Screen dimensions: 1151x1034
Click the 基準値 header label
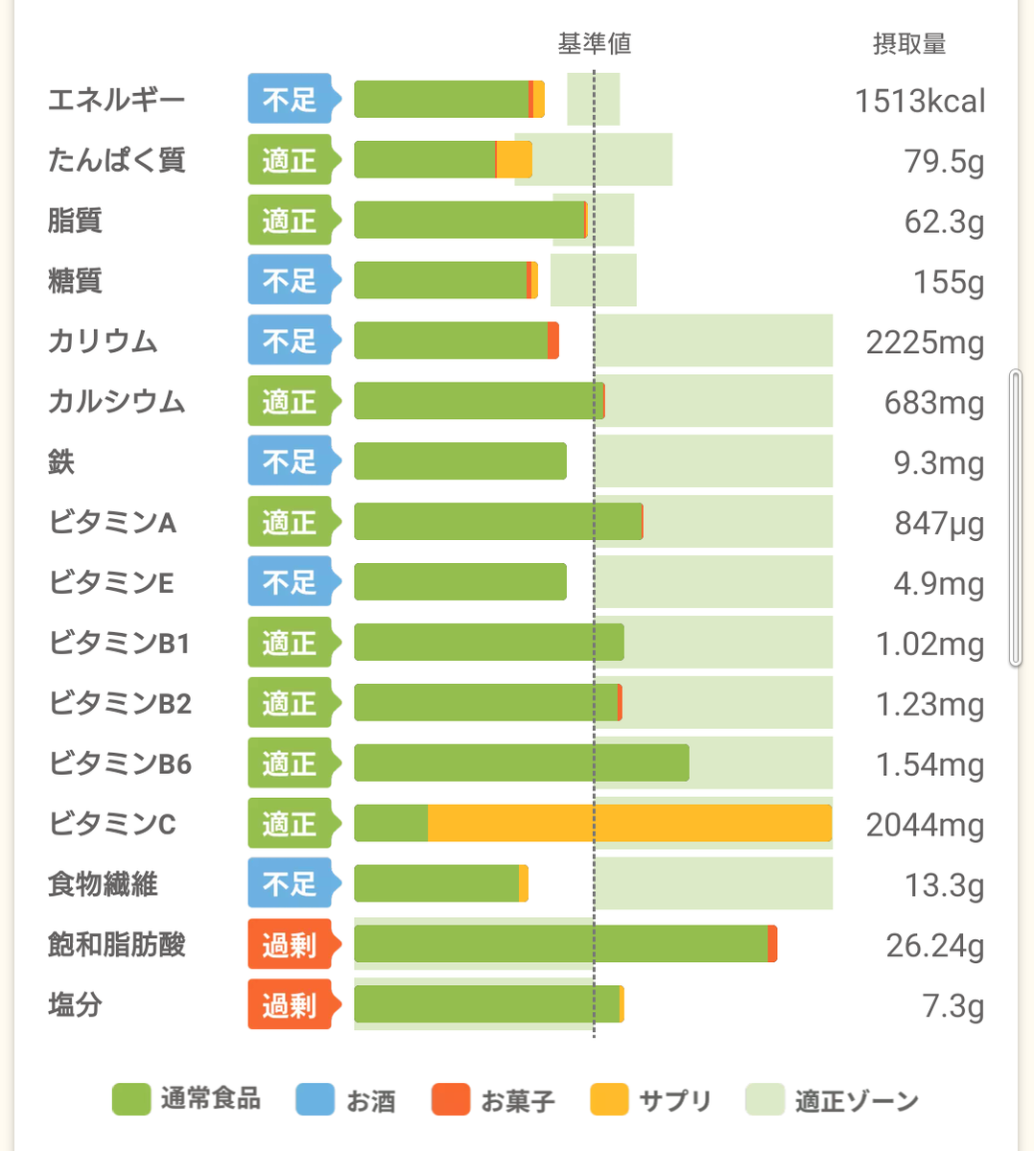[x=594, y=44]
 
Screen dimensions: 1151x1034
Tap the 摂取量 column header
[x=908, y=44]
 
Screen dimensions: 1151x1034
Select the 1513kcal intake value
[x=919, y=101]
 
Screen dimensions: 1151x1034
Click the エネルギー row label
[x=116, y=100]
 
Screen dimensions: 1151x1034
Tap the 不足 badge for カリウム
[x=290, y=341]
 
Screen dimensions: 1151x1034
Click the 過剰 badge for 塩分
[x=290, y=1005]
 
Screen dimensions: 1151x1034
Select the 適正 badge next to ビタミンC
[x=290, y=824]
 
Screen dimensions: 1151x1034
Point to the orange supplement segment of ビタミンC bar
[x=628, y=824]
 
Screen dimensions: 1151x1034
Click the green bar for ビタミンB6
[x=521, y=763]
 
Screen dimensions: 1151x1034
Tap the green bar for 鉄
[x=459, y=461]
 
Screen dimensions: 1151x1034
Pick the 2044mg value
[x=925, y=825]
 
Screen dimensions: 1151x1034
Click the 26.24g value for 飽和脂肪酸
[x=934, y=946]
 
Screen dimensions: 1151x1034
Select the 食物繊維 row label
[x=103, y=884]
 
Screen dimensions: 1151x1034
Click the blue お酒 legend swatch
[x=315, y=1100]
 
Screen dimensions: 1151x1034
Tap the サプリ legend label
[x=675, y=1100]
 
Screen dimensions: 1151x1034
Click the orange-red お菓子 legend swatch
[x=451, y=1100]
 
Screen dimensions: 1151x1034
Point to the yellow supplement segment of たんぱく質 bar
[x=514, y=160]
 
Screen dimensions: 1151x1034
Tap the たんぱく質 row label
[x=116, y=160]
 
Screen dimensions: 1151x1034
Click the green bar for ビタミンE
[x=459, y=582]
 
